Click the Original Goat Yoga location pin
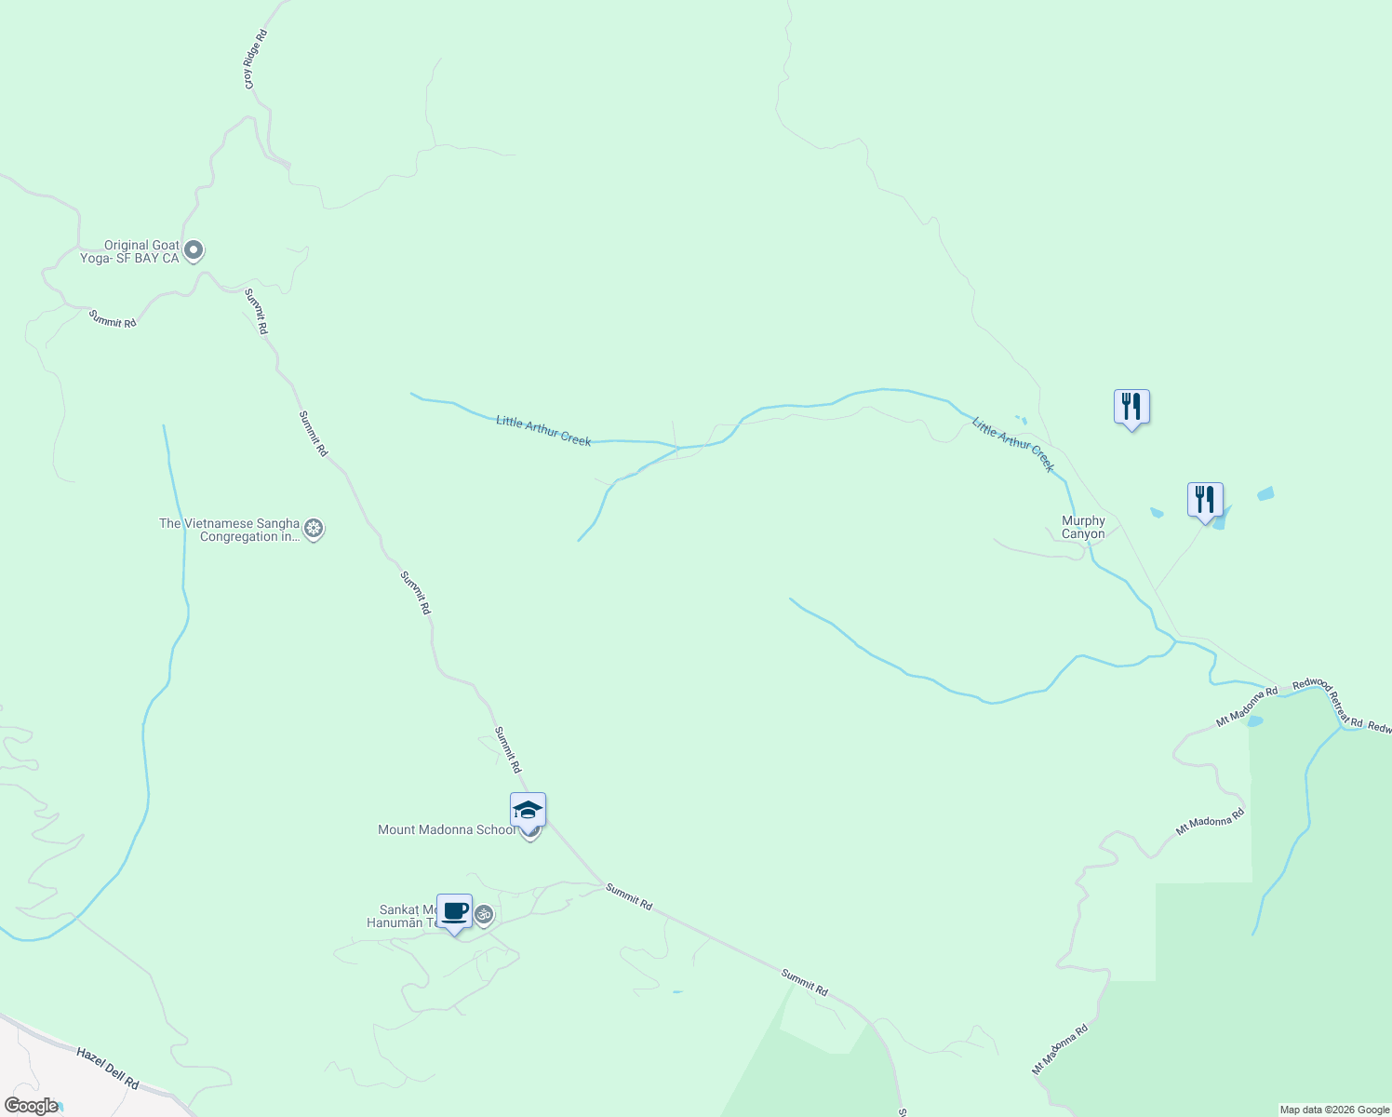point(194,250)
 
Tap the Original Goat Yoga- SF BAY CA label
point(129,252)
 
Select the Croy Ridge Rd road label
point(256,60)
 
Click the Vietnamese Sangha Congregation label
point(230,530)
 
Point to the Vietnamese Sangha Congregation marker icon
point(315,530)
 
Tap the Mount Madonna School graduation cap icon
point(528,811)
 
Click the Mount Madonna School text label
point(446,829)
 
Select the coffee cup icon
point(454,912)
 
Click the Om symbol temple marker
point(484,915)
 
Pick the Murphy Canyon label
point(1083,528)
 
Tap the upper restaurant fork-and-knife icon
point(1131,407)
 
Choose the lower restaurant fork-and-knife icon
point(1205,500)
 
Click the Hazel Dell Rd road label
point(108,1069)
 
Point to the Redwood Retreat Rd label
point(1328,703)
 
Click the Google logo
point(31,1106)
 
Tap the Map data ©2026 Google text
point(1334,1110)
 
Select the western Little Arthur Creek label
point(543,431)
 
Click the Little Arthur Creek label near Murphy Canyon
point(1013,444)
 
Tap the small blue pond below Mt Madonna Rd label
point(1254,720)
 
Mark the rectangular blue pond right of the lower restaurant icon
point(1265,494)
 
